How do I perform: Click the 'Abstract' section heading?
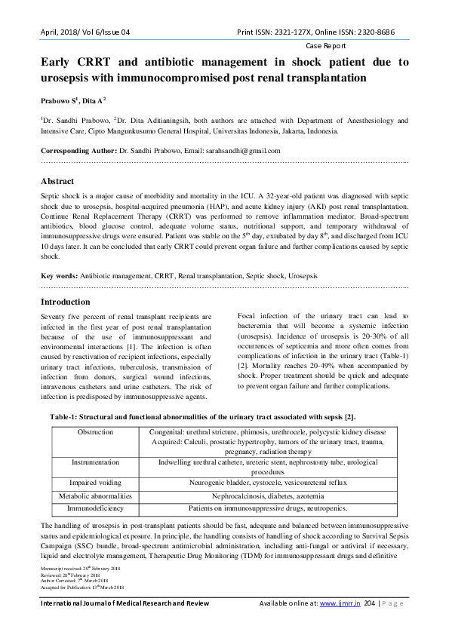click(57, 181)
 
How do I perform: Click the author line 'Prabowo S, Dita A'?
click(72, 100)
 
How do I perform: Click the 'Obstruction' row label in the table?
click(95, 432)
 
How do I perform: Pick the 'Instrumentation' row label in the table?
click(95, 461)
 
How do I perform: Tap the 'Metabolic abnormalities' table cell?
click(95, 496)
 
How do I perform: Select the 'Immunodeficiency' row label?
click(95, 510)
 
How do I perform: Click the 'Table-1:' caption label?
click(67, 416)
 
